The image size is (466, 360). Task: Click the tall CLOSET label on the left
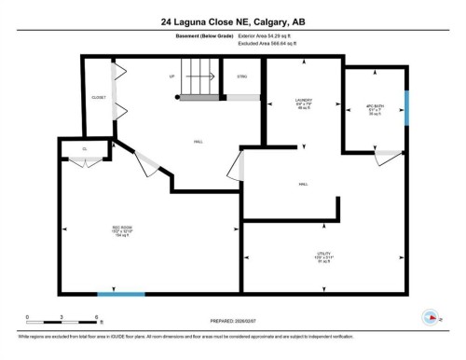[99, 97]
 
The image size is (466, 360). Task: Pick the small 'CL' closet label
[84, 148]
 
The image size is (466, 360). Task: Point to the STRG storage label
[241, 76]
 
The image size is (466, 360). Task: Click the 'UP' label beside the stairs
[171, 76]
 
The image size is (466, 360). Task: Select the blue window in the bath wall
[407, 107]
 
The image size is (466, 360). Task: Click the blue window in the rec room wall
[121, 295]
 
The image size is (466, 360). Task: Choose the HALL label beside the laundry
[304, 185]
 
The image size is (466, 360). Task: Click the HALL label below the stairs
[199, 142]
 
